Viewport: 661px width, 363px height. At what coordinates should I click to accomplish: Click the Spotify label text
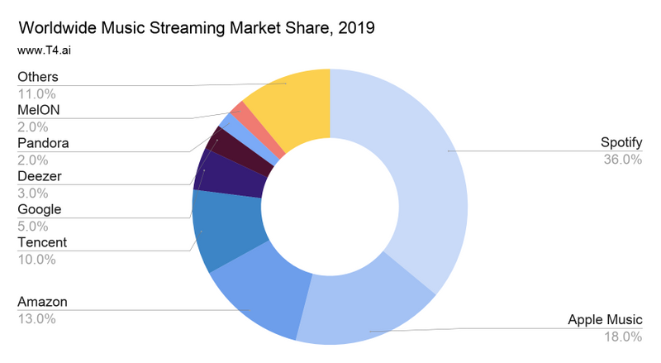click(x=621, y=143)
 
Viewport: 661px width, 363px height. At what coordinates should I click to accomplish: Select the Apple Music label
click(x=605, y=319)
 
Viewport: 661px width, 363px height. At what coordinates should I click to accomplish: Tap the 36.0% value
click(x=623, y=160)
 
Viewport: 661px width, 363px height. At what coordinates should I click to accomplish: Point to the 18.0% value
click(x=623, y=336)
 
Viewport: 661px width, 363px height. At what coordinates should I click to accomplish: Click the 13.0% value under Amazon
click(x=36, y=318)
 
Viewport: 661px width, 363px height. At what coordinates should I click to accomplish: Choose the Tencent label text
click(x=42, y=242)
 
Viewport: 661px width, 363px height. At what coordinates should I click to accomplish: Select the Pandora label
click(x=43, y=143)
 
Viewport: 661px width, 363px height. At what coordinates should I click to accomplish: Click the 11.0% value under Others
click(x=36, y=93)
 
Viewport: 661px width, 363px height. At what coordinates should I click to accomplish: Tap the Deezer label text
click(x=40, y=176)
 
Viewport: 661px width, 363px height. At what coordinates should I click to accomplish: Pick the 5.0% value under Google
click(x=33, y=226)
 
